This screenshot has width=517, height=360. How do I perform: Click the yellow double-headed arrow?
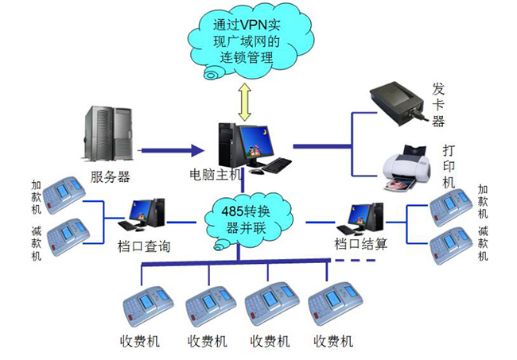pyautogui.click(x=245, y=102)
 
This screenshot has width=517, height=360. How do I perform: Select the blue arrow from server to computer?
pyautogui.click(x=172, y=150)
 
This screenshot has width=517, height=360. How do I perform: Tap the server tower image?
pyautogui.click(x=108, y=134)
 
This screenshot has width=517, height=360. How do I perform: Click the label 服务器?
pyautogui.click(x=110, y=177)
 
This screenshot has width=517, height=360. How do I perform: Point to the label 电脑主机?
pyautogui.click(x=216, y=175)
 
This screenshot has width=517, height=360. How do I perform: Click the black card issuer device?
pyautogui.click(x=398, y=104)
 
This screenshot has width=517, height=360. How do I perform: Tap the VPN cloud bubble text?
pyautogui.click(x=247, y=41)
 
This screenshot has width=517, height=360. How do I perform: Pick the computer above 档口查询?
pyautogui.click(x=142, y=215)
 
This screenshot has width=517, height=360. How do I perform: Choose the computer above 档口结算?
pyautogui.click(x=361, y=218)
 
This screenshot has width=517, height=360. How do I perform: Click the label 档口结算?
pyautogui.click(x=361, y=244)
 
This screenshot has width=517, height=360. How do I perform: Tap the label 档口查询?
pyautogui.click(x=144, y=246)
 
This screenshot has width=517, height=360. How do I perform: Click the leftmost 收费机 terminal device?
pyautogui.click(x=148, y=306)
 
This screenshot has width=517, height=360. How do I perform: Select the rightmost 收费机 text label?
pyautogui.click(x=333, y=342)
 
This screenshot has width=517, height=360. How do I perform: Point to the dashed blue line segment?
pyautogui.click(x=356, y=260)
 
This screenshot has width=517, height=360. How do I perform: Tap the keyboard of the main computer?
pyautogui.click(x=277, y=165)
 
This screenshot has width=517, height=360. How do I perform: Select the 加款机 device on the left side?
pyautogui.click(x=64, y=195)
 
